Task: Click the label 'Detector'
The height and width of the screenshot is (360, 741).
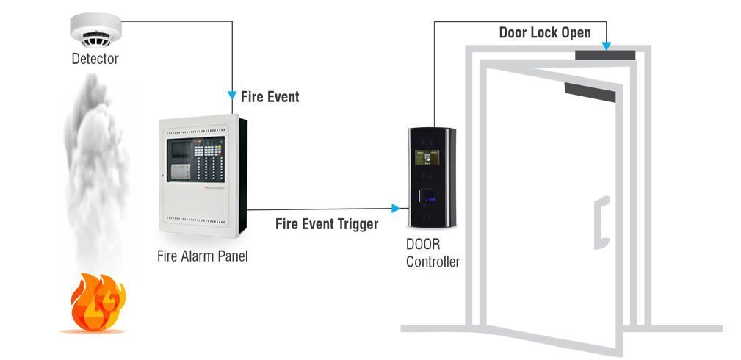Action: pos(95,58)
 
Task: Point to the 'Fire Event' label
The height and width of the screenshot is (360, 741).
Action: pos(270,96)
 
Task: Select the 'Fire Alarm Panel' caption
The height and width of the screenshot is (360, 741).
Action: pos(203,256)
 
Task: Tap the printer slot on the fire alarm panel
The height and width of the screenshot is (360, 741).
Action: pos(181,171)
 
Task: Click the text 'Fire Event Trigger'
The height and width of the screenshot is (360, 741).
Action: pos(327,224)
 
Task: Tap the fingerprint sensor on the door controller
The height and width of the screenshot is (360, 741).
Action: pos(429,198)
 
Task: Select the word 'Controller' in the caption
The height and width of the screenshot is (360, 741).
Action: pos(433,262)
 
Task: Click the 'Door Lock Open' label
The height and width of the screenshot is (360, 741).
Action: pos(544,33)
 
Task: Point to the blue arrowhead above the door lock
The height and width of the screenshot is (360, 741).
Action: pos(607,47)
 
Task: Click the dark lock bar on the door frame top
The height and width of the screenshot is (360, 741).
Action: pos(605,54)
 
